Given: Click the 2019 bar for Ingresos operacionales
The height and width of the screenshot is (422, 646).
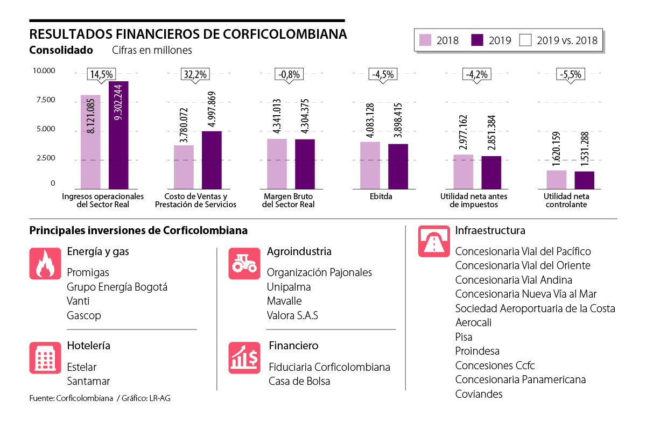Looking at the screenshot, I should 118,135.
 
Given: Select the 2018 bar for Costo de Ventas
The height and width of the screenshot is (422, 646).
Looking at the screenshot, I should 184,167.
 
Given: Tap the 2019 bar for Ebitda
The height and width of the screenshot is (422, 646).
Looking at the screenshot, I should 398,166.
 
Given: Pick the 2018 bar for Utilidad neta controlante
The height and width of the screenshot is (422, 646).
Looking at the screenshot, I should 556,179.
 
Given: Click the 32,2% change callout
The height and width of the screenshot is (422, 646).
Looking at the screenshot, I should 194,75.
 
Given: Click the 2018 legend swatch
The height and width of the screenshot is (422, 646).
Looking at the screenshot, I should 426,40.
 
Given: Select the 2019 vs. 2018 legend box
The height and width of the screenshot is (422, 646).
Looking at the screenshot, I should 525,40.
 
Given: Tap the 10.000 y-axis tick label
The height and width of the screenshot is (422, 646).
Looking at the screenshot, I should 44,71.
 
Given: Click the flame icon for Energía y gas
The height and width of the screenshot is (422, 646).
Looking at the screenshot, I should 45,263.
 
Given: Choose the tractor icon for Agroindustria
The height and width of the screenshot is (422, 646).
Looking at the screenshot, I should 244,263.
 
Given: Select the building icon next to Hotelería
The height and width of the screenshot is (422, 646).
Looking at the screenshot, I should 45,357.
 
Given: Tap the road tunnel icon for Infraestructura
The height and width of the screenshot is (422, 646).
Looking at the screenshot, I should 433,241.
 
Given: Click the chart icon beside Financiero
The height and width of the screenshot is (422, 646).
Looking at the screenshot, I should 244,357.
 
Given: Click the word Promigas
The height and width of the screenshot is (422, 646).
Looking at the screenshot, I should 88,272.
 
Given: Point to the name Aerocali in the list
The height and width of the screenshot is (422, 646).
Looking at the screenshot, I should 473,322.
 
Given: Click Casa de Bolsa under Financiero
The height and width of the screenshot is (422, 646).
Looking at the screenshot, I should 299,381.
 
